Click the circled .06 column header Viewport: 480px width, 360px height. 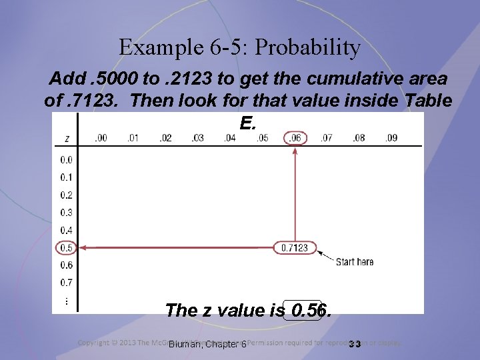pyautogui.click(x=295, y=138)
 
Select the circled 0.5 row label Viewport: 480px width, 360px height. pyautogui.click(x=66, y=247)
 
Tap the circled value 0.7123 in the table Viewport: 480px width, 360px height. pyautogui.click(x=294, y=248)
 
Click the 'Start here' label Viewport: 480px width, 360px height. pyautogui.click(x=355, y=262)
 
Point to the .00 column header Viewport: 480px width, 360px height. pyautogui.click(x=101, y=138)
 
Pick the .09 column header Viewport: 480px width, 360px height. pyautogui.click(x=391, y=138)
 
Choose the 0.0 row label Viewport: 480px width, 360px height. pyautogui.click(x=66, y=160)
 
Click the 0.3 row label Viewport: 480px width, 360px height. pyautogui.click(x=66, y=213)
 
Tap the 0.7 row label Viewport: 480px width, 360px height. pyautogui.click(x=66, y=283)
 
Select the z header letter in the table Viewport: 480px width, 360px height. pyautogui.click(x=67, y=139)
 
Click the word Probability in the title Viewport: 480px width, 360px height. pyautogui.click(x=307, y=48)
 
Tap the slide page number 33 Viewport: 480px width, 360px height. pyautogui.click(x=355, y=344)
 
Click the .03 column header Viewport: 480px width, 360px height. pyautogui.click(x=197, y=138)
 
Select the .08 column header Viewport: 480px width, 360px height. pyautogui.click(x=359, y=138)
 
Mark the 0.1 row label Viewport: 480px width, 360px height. pyautogui.click(x=66, y=177)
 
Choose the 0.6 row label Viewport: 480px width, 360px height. pyautogui.click(x=66, y=265)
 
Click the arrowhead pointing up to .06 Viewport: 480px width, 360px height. pyautogui.click(x=295, y=150)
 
